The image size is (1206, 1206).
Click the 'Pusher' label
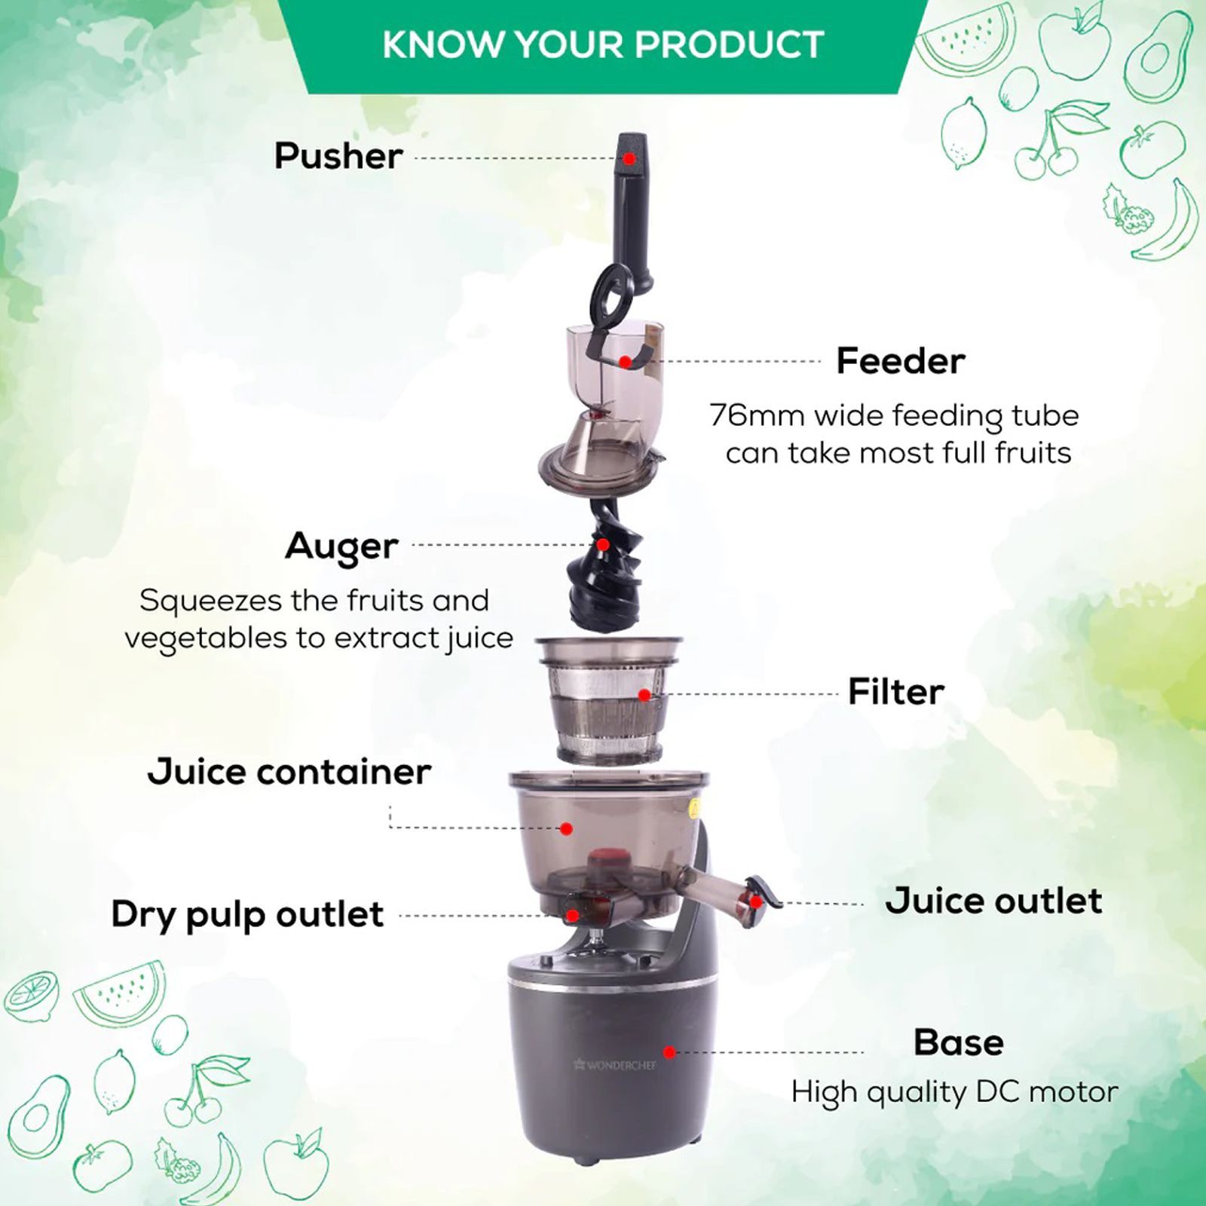(x=338, y=156)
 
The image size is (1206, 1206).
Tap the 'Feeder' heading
(x=901, y=361)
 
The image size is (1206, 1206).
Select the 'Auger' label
(x=341, y=546)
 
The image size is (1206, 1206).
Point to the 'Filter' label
(x=896, y=691)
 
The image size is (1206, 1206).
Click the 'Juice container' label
(x=289, y=772)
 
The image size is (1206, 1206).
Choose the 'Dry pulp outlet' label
(x=248, y=914)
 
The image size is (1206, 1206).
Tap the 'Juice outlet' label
(x=993, y=901)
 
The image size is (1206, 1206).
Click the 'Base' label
(x=959, y=1042)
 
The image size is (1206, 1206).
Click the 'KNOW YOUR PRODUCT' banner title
(x=603, y=44)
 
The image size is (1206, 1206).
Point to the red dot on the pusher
(x=629, y=158)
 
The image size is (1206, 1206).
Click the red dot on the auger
(x=602, y=544)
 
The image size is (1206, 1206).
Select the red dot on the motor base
(x=669, y=1052)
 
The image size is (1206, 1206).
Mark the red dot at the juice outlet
(x=755, y=901)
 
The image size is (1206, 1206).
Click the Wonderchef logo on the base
(x=615, y=1064)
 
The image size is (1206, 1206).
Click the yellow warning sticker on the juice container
(x=694, y=809)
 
